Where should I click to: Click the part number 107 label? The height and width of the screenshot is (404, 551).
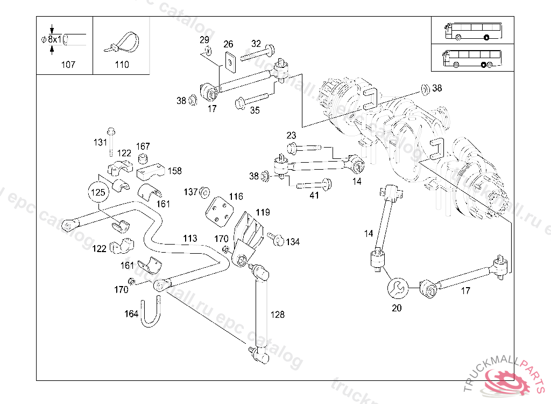click(x=68, y=65)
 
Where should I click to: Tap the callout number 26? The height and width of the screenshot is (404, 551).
click(x=228, y=44)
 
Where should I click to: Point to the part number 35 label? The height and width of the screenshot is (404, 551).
click(x=255, y=110)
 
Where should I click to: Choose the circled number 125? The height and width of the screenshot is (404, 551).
click(x=98, y=191)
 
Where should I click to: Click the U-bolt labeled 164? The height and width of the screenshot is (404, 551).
click(x=151, y=312)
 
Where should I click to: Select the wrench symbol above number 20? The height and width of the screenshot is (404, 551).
click(x=397, y=288)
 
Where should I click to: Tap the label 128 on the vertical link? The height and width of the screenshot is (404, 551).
click(x=278, y=315)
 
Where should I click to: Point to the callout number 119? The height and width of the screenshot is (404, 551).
click(x=263, y=212)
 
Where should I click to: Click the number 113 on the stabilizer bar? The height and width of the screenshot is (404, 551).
click(x=190, y=238)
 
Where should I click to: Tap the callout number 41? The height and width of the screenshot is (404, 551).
click(x=314, y=196)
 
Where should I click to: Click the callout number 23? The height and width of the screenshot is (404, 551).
click(x=291, y=135)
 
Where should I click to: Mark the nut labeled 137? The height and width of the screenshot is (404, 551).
click(x=204, y=192)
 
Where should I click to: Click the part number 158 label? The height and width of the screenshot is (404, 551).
click(x=174, y=171)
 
